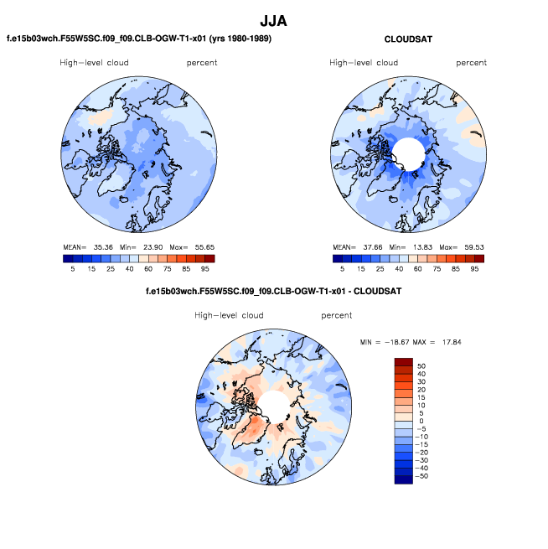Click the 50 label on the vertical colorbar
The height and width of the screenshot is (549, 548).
421,366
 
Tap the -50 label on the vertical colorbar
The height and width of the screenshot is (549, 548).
422,475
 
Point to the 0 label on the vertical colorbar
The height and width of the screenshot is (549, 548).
420,421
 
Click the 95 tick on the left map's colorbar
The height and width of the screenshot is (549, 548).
209,269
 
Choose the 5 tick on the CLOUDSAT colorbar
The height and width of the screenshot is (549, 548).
341,269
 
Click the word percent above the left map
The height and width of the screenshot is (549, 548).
202,63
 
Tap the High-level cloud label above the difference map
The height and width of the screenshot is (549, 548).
229,316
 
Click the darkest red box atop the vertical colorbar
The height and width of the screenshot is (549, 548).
403,361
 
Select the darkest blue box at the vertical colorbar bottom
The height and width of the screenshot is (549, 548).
403,479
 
